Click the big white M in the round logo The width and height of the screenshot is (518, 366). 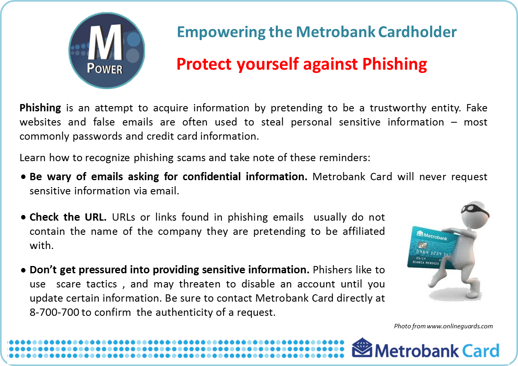[x=106, y=43]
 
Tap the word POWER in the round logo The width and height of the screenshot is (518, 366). [x=105, y=69]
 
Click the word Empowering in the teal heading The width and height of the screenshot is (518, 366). [x=221, y=32]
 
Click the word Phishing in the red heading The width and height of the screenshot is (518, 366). [x=394, y=65]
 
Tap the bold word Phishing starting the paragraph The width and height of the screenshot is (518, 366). [x=40, y=108]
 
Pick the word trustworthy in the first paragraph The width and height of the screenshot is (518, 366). [x=398, y=108]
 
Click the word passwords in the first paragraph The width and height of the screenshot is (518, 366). [x=97, y=136]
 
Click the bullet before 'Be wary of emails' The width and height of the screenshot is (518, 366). [x=23, y=177]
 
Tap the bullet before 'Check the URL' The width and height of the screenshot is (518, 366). [x=23, y=217]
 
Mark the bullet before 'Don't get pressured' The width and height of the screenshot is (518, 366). [x=23, y=270]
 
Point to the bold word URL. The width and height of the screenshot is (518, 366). [x=96, y=217]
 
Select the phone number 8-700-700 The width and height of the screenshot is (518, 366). [x=54, y=313]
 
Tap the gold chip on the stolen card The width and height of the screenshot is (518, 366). [x=422, y=245]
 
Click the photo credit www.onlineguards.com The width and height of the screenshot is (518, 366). [x=460, y=326]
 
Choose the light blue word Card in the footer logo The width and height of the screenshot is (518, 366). [x=481, y=351]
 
